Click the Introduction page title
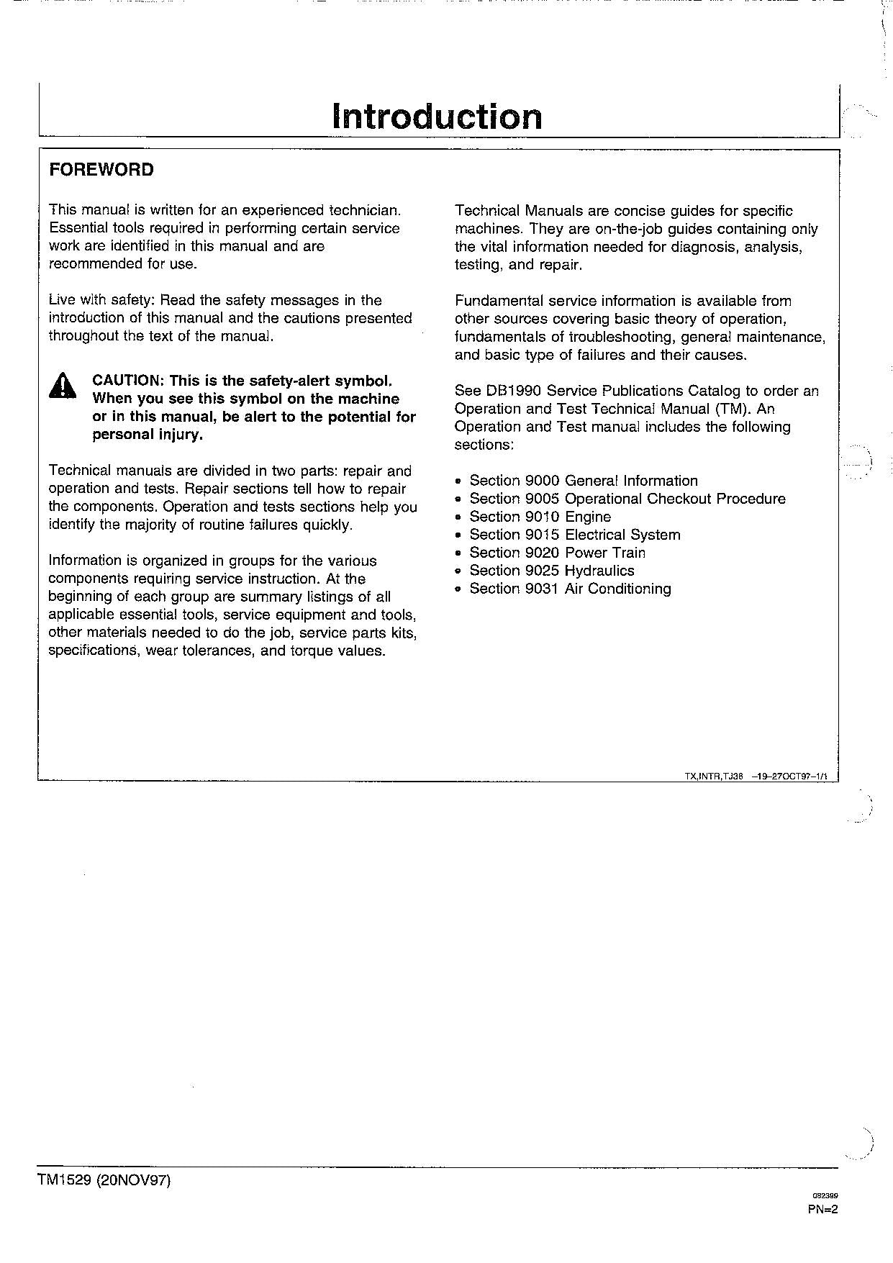click(437, 117)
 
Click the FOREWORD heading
click(101, 170)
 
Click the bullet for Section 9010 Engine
click(458, 517)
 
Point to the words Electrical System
click(622, 535)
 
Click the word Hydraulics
click(599, 571)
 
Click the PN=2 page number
click(822, 1209)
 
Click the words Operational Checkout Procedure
click(675, 499)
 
